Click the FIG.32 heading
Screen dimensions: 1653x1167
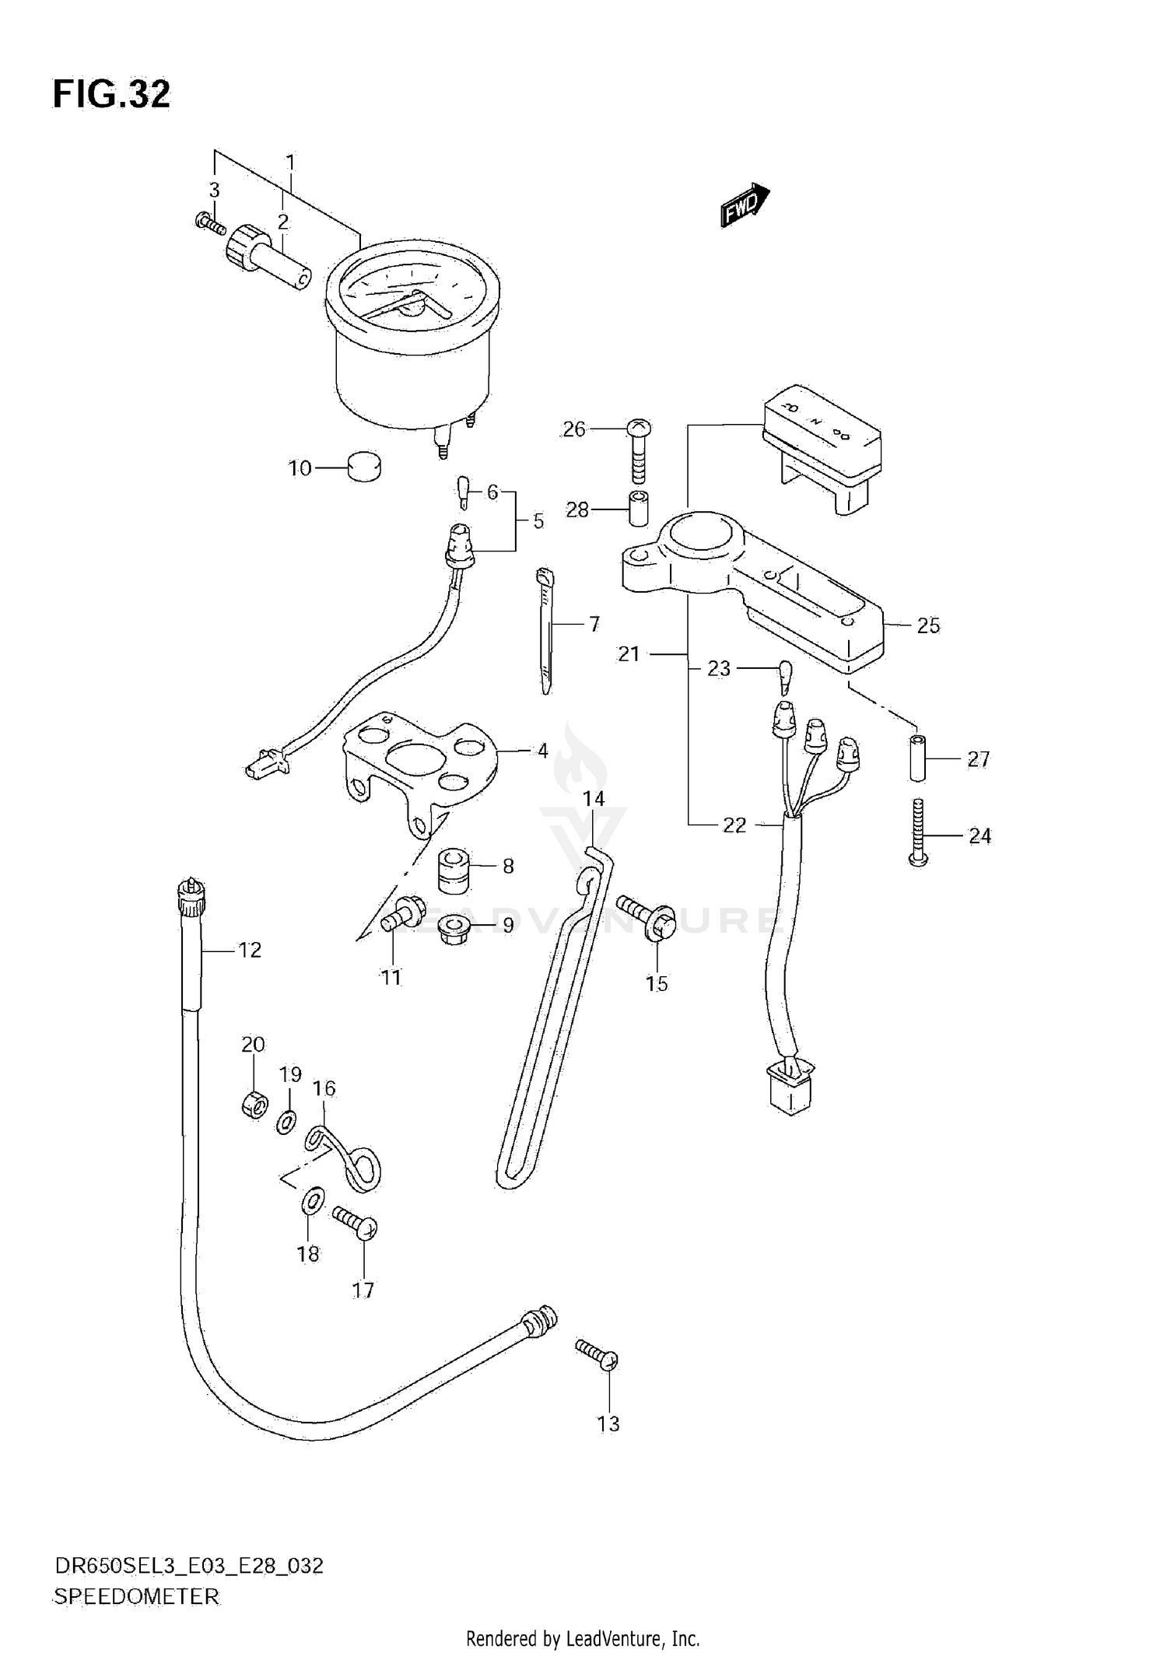(x=111, y=94)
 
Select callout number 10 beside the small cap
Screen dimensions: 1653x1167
(x=300, y=468)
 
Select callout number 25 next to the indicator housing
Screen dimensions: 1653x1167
(x=928, y=625)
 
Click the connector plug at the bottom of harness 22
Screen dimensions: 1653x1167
(x=789, y=1090)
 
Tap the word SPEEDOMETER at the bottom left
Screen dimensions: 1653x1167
(x=137, y=1597)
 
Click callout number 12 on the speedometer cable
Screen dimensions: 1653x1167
(x=250, y=950)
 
